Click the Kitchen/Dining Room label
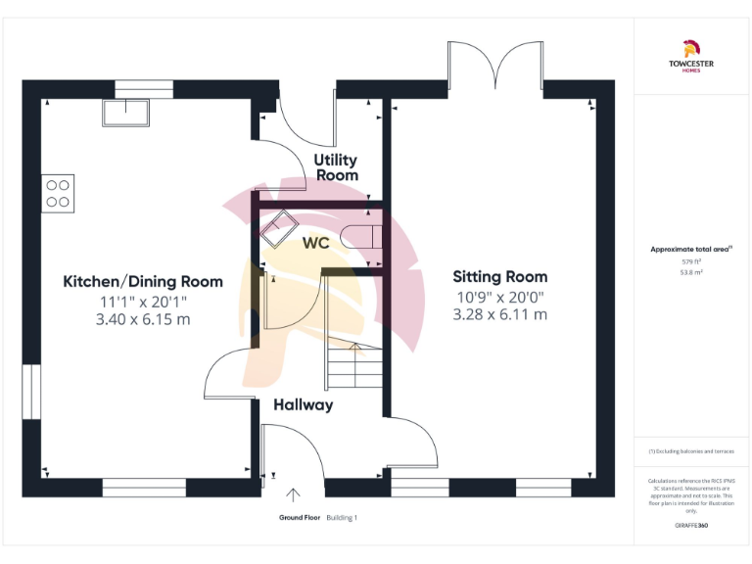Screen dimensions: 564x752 [143, 282]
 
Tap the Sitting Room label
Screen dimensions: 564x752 [500, 277]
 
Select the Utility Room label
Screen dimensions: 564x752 [336, 167]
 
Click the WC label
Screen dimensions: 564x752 [315, 243]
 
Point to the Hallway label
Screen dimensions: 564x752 [303, 404]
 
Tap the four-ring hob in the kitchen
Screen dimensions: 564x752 [58, 193]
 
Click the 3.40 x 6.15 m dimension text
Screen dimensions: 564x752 [143, 320]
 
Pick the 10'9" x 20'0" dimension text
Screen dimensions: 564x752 [499, 298]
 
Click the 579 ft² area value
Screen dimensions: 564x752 [691, 261]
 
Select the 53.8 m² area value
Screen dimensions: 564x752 [691, 273]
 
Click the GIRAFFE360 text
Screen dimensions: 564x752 [691, 527]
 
